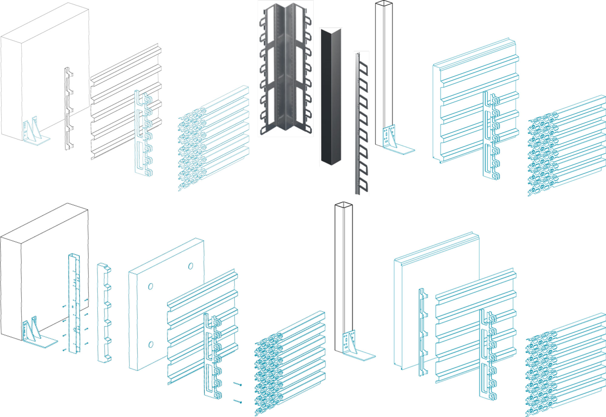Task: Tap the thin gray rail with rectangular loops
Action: click(x=361, y=124)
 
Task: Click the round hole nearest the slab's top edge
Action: click(x=191, y=266)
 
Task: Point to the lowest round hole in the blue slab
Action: click(x=151, y=345)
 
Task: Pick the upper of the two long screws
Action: click(x=238, y=384)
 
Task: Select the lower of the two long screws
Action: click(x=238, y=402)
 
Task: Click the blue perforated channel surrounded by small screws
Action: click(x=74, y=303)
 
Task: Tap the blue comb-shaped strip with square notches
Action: click(x=104, y=312)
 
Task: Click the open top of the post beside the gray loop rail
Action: click(x=384, y=4)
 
